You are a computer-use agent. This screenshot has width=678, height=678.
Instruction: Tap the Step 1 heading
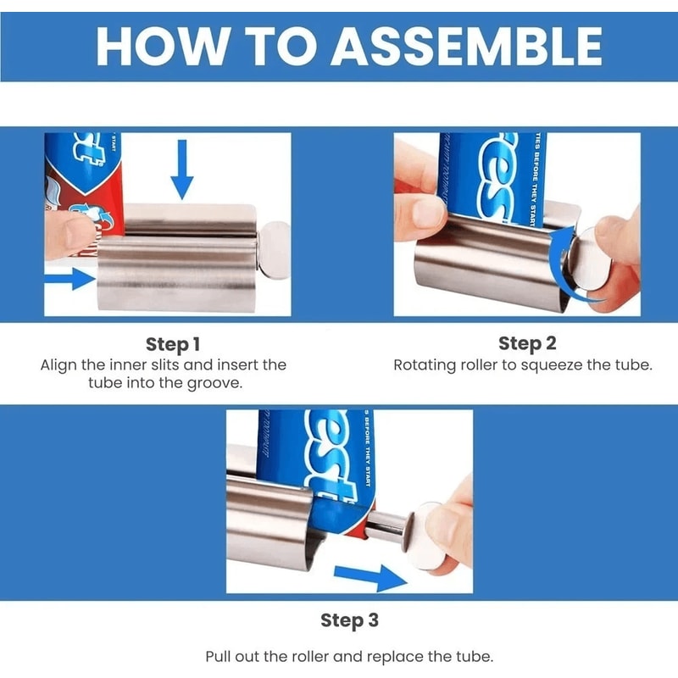[173, 344]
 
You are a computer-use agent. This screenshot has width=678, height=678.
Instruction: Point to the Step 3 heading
[349, 620]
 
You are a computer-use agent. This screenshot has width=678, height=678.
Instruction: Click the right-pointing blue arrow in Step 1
[68, 278]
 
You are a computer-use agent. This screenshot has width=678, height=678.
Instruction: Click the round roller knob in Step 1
[275, 247]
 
